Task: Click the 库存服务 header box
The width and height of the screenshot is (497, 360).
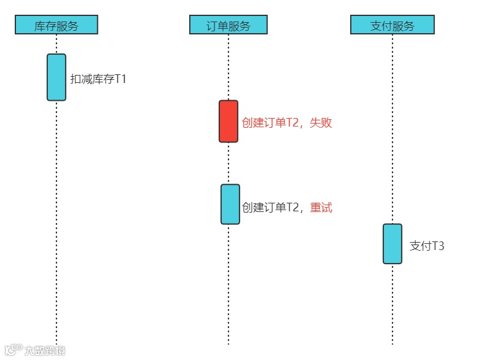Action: click(x=56, y=25)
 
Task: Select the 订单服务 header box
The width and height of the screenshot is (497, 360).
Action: click(x=228, y=25)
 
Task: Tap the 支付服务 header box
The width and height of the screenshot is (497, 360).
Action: click(x=392, y=25)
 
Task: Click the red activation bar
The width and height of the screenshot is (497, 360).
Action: click(x=229, y=122)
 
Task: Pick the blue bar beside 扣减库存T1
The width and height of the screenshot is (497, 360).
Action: click(x=57, y=77)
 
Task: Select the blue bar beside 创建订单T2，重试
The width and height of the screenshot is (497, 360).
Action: click(x=230, y=205)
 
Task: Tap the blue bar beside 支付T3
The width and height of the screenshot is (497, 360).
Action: click(x=393, y=244)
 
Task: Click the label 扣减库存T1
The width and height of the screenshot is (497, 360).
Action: click(x=98, y=79)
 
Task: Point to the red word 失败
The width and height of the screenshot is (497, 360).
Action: click(x=321, y=123)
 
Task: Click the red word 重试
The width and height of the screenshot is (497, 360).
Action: click(x=321, y=208)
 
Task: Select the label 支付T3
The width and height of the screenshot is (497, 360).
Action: click(x=426, y=246)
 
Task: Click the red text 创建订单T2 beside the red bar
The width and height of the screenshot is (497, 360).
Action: click(x=270, y=123)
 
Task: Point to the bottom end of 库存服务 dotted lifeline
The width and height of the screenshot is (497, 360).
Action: click(x=57, y=343)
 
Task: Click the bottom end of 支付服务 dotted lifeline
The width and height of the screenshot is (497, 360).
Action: click(x=393, y=343)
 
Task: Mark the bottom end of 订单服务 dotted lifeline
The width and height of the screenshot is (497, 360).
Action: click(x=229, y=343)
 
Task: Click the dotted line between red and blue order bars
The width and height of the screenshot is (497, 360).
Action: click(x=229, y=163)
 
